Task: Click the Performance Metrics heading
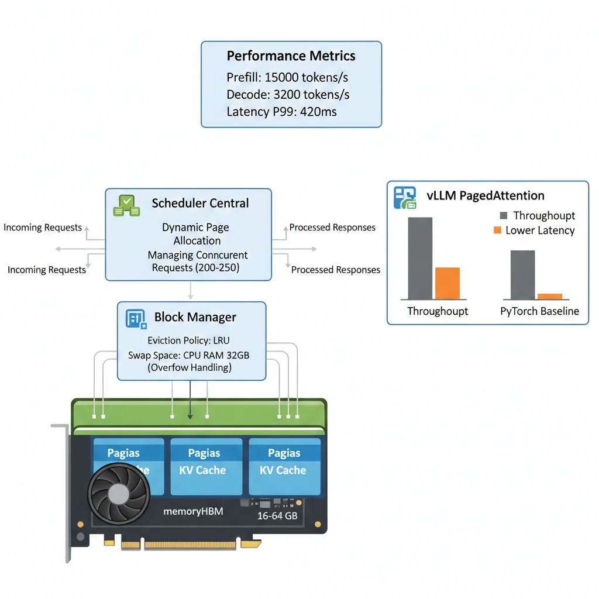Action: tap(291, 56)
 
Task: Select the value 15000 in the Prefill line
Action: tap(283, 78)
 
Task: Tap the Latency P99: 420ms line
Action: tap(281, 112)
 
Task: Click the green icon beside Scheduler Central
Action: tap(126, 205)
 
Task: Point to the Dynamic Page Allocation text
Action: tap(197, 234)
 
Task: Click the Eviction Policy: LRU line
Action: tap(192, 340)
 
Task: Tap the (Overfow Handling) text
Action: tap(190, 368)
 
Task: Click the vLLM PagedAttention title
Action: tap(486, 196)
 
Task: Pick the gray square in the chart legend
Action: tap(504, 216)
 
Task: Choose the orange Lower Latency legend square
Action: tap(497, 230)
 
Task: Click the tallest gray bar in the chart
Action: tap(420, 258)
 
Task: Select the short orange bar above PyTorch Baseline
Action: tap(549, 297)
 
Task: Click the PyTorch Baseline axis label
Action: tap(539, 311)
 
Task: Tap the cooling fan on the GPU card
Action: tap(119, 494)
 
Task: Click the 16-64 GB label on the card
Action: tap(277, 517)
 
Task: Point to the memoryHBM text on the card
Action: tap(193, 512)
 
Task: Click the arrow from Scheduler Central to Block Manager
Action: tap(191, 291)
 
